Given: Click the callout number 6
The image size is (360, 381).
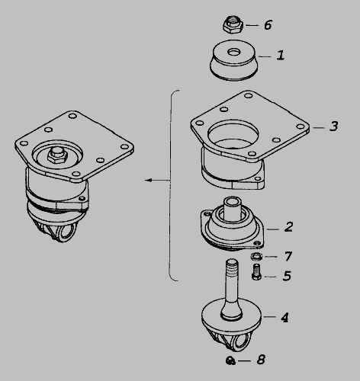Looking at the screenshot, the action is click(268, 25).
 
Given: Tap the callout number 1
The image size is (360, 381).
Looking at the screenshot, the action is click(281, 55).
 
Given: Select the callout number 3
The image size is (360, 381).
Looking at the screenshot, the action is click(334, 126).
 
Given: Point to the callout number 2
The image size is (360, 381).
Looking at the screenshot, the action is click(289, 227).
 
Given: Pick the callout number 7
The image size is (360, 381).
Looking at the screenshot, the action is click(288, 256).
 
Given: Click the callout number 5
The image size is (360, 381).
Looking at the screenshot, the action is click(287, 276).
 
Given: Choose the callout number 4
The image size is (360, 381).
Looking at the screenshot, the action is click(285, 318).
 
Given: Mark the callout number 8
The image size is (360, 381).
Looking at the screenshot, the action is click(261, 360).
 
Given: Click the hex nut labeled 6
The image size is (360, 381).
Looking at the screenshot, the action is click(233, 24).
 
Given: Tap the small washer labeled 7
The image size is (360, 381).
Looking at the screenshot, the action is click(256, 257).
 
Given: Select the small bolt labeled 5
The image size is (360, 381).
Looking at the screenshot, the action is click(256, 272).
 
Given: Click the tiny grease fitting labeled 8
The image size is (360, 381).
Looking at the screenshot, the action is click(230, 360).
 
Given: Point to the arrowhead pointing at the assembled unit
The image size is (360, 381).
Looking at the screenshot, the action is click(148, 181).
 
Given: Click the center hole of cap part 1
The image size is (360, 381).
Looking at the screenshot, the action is click(234, 53).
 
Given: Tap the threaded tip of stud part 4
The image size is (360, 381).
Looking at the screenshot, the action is click(232, 265).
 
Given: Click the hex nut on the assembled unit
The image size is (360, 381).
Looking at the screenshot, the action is click(57, 155).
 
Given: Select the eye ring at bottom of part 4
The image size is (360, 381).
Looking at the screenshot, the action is click(239, 341).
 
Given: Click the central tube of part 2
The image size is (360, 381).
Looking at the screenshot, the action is click(232, 208).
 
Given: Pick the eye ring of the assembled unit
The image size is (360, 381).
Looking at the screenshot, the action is click(66, 232).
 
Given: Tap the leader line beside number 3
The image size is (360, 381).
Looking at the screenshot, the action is click(319, 127).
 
